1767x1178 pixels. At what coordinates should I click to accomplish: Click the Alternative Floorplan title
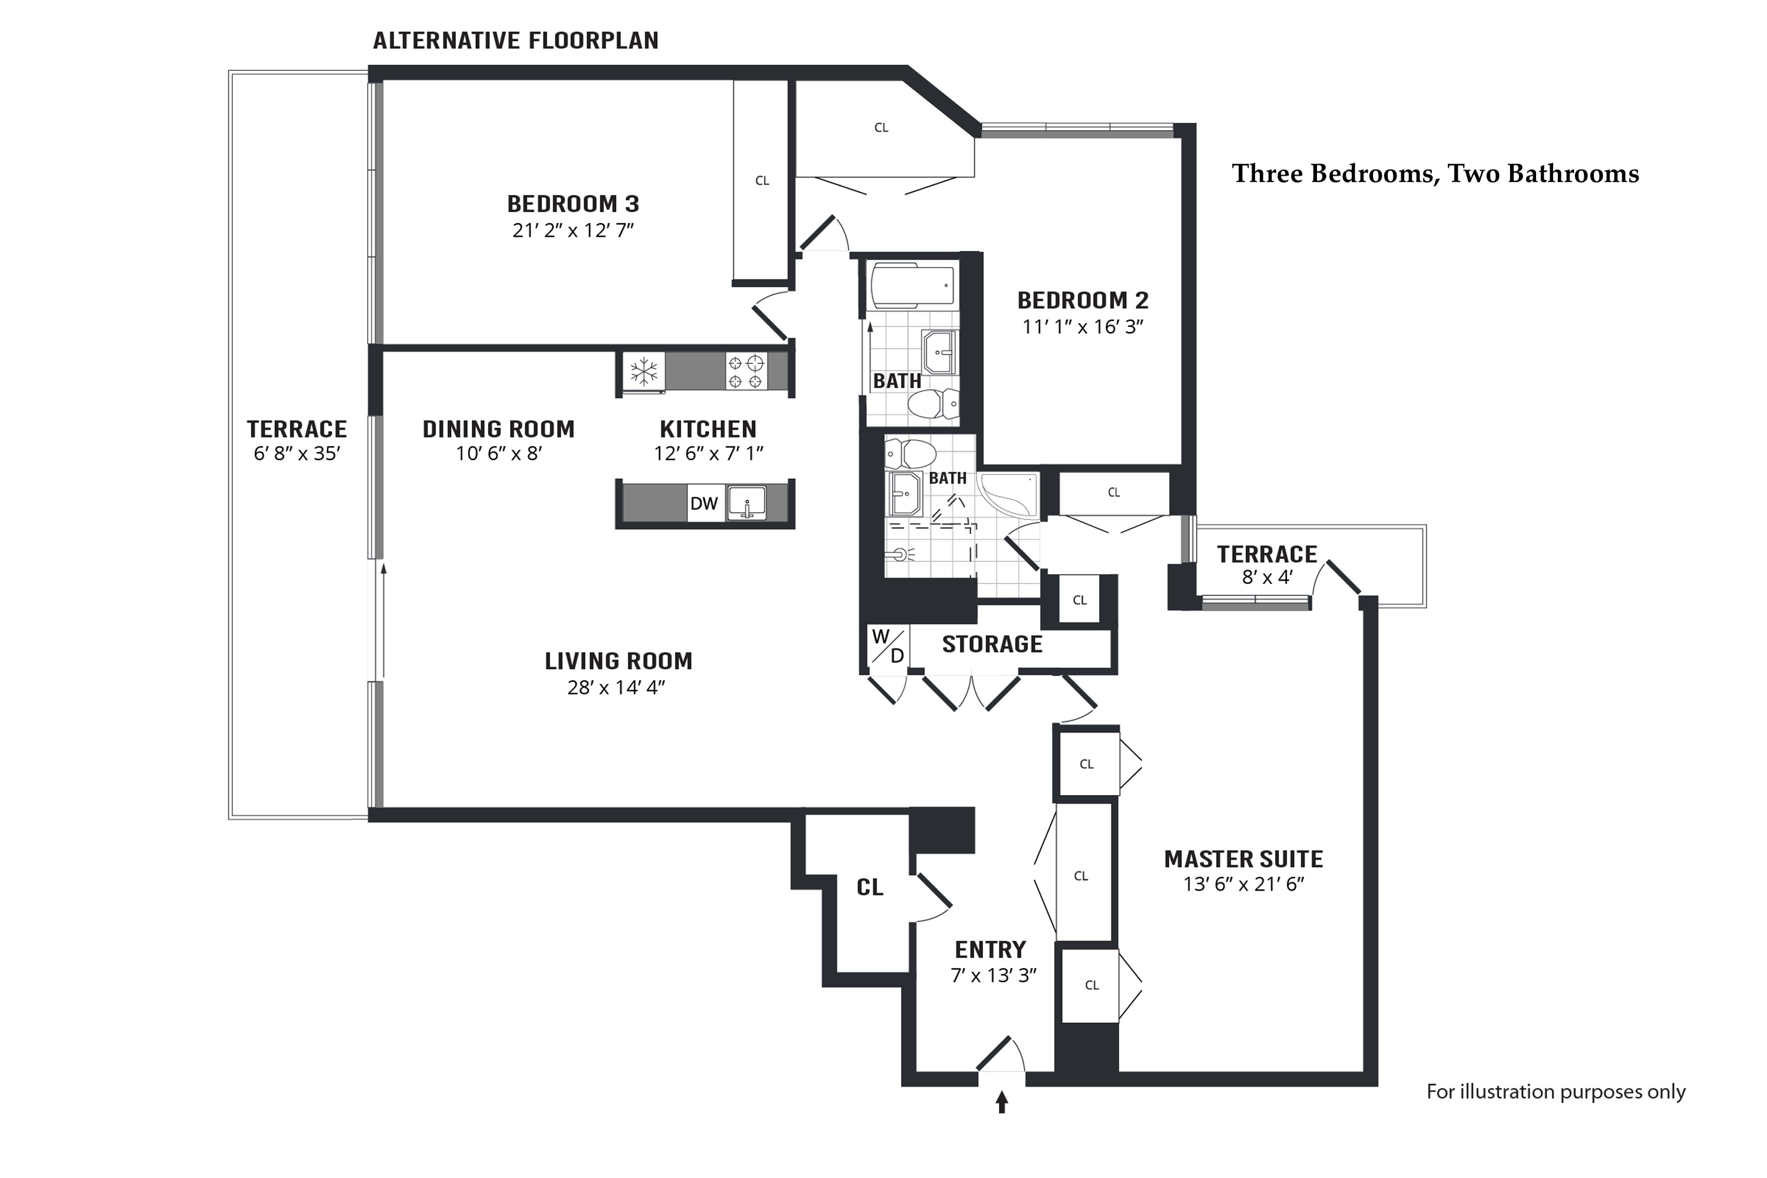pyautogui.click(x=515, y=41)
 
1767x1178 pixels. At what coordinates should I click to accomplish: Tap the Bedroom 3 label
pyautogui.click(x=573, y=204)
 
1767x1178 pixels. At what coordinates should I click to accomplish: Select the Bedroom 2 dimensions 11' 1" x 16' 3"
pyautogui.click(x=1083, y=327)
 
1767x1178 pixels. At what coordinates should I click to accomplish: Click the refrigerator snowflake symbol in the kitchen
pyautogui.click(x=644, y=371)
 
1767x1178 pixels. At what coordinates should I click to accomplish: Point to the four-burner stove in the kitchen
pyautogui.click(x=746, y=371)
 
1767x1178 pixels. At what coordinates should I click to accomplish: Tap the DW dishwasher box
pyautogui.click(x=704, y=504)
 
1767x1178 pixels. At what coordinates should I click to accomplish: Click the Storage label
pyautogui.click(x=992, y=644)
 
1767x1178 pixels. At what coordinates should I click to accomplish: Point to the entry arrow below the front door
pyautogui.click(x=1001, y=1103)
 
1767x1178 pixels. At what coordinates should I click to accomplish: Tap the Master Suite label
pyautogui.click(x=1243, y=859)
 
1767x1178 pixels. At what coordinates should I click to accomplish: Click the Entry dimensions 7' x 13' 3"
pyautogui.click(x=993, y=975)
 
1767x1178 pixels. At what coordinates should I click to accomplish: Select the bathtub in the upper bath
pyautogui.click(x=912, y=286)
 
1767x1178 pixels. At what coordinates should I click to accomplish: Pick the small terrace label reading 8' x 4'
pyautogui.click(x=1267, y=577)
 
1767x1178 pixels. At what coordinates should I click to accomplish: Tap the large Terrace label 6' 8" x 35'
pyautogui.click(x=297, y=440)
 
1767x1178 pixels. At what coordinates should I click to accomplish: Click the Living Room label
pyautogui.click(x=618, y=661)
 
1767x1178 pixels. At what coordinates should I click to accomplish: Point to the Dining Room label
pyautogui.click(x=498, y=429)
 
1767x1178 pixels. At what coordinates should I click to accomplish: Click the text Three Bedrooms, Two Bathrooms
pyautogui.click(x=1435, y=174)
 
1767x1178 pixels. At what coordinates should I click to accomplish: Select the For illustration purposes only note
pyautogui.click(x=1556, y=1091)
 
